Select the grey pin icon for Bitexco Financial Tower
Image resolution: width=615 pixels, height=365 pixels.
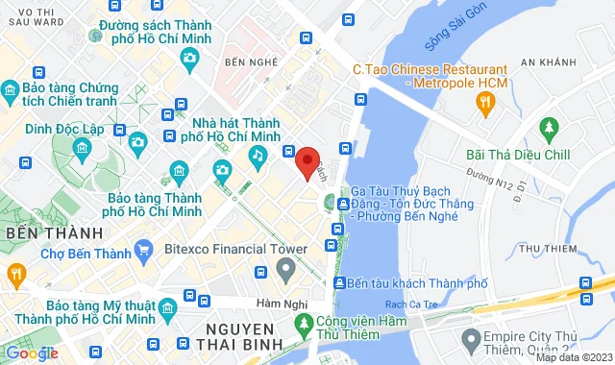coord(283,271)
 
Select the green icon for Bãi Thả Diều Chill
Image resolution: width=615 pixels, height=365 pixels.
coord(549,127)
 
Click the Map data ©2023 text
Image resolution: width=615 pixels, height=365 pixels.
coord(573,357)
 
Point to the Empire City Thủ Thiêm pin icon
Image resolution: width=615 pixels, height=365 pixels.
coord(471,338)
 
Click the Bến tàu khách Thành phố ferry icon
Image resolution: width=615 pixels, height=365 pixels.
coord(340,283)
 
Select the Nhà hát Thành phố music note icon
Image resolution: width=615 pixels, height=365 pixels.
coord(257,155)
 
